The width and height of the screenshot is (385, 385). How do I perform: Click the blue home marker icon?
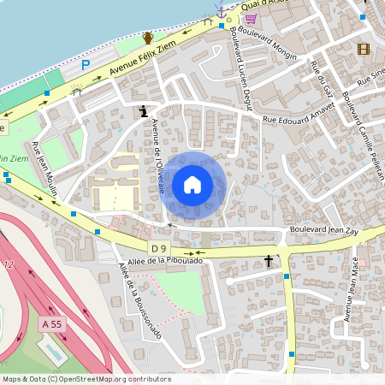[192, 184]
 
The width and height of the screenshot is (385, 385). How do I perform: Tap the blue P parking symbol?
[85, 65]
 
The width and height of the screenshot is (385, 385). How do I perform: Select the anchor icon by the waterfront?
[221, 13]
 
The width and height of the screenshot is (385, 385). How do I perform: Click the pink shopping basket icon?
[251, 18]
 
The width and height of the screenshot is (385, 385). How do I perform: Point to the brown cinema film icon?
[364, 50]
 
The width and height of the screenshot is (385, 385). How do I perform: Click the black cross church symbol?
[269, 260]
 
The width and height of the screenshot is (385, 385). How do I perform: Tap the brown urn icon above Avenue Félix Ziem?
[148, 38]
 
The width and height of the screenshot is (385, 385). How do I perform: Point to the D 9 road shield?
[157, 248]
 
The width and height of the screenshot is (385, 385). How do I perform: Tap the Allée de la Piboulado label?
[165, 260]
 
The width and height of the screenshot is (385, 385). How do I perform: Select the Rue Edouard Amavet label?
[297, 121]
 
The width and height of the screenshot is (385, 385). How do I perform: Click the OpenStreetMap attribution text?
[86, 379]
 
